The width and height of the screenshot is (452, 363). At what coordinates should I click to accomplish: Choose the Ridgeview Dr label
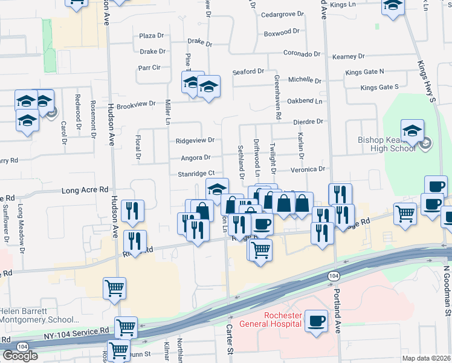click(x=195, y=140)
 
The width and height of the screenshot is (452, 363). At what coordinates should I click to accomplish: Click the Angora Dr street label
click(x=195, y=158)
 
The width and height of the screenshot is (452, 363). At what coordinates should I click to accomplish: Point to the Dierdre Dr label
click(x=308, y=122)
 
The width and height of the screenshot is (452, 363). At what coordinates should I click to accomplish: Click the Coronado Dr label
click(x=302, y=54)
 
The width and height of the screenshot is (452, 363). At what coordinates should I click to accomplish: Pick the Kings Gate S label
click(x=379, y=88)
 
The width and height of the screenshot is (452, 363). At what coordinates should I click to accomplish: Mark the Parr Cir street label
click(x=149, y=68)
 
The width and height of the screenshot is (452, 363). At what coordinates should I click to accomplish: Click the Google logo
click(x=20, y=355)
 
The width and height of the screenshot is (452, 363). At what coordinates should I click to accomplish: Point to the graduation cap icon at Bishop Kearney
click(x=412, y=130)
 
